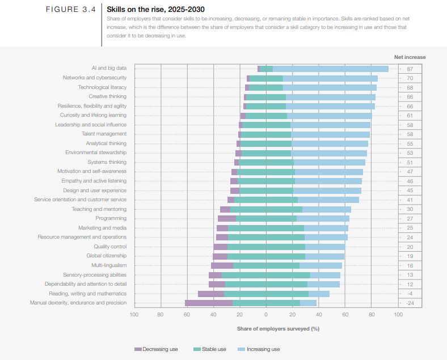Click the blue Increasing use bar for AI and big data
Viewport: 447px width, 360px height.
[331, 69]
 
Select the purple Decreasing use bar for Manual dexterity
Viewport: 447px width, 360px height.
[208, 303]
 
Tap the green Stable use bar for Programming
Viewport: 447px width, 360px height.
[266, 218]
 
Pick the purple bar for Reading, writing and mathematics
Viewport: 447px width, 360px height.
[210, 294]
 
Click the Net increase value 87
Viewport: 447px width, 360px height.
[410, 69]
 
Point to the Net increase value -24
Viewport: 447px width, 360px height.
[410, 303]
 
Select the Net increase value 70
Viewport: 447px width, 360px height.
[410, 78]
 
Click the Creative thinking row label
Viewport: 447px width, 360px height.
[107, 96]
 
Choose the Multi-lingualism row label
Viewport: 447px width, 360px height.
[109, 265]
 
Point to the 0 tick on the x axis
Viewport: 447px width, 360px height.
[266, 314]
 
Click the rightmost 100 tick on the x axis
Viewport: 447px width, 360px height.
[398, 314]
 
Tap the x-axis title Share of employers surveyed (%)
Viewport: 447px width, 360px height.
[278, 328]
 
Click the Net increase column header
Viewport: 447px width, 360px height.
[410, 57]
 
